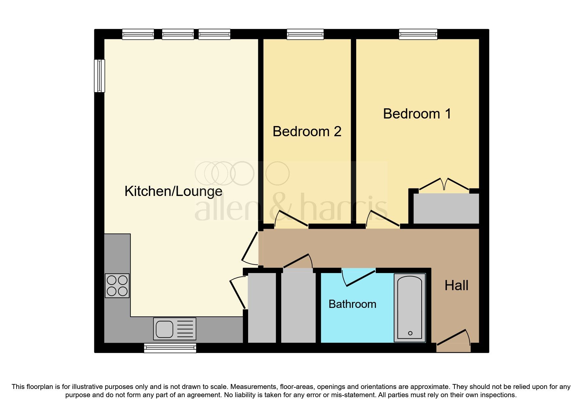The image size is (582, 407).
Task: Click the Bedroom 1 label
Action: point(417,114)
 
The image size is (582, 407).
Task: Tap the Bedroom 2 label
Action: point(307,132)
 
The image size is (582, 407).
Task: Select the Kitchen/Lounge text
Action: point(173,191)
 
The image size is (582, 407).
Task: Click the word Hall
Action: point(456,286)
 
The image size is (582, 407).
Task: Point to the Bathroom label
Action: point(352,304)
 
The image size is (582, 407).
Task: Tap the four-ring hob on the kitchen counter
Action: point(117,286)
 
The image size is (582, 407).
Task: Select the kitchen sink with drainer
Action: point(175,329)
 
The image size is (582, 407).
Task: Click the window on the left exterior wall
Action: point(99,75)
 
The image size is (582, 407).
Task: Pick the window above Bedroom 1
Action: point(418,34)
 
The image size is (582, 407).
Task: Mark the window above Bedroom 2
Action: point(305,34)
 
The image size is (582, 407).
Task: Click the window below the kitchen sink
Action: point(170,348)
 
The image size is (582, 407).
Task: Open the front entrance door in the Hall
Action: point(454,340)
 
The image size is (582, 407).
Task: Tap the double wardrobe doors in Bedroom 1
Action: point(444,184)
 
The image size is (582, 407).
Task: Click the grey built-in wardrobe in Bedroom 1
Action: point(446,208)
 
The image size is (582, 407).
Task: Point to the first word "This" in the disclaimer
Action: point(18,387)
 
